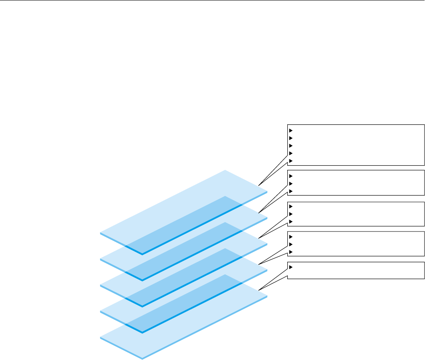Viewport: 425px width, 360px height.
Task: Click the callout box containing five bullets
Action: [356, 145]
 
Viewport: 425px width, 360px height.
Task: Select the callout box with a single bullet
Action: [356, 270]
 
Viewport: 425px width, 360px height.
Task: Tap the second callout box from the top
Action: [356, 183]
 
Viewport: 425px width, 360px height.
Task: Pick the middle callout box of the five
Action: [356, 214]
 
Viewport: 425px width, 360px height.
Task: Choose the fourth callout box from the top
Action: [356, 244]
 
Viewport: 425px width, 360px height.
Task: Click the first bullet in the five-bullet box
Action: [291, 130]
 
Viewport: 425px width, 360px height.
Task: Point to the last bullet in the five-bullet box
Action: [291, 161]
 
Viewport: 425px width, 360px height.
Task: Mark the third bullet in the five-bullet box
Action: [291, 145]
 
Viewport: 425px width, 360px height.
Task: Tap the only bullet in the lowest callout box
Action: [291, 267]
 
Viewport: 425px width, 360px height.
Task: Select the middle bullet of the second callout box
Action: [291, 183]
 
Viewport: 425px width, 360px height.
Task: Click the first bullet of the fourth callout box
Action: [291, 236]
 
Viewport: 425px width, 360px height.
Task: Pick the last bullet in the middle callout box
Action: [291, 222]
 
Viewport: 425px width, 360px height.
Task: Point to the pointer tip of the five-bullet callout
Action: [259, 185]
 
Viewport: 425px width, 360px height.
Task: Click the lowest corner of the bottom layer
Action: [142, 359]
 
